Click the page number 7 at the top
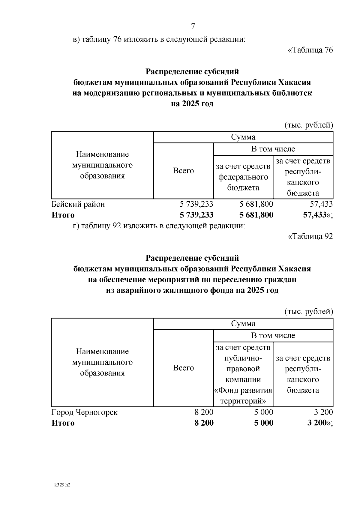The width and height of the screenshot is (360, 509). pyautogui.click(x=193, y=26)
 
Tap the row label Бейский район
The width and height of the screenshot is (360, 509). pyautogui.click(x=78, y=204)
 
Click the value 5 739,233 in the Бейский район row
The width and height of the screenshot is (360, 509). pyautogui.click(x=196, y=204)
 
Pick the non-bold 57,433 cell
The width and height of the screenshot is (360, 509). pyautogui.click(x=321, y=204)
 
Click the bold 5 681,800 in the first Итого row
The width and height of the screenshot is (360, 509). pyautogui.click(x=256, y=215)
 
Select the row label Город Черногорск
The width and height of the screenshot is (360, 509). pyautogui.click(x=85, y=412)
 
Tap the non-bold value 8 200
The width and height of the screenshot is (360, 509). pyautogui.click(x=204, y=412)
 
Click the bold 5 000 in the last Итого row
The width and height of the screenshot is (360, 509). pyautogui.click(x=264, y=423)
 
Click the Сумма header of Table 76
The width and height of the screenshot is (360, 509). pyautogui.click(x=243, y=137)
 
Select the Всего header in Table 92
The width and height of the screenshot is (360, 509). pyautogui.click(x=183, y=368)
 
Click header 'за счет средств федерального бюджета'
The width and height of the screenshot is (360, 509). pyautogui.click(x=243, y=177)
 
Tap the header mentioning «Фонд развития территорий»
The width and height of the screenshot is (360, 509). pyautogui.click(x=243, y=374)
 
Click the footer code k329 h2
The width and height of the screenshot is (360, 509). pyautogui.click(x=62, y=485)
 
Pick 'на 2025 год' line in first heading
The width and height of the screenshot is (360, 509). pyautogui.click(x=192, y=104)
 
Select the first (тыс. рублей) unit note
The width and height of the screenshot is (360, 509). pyautogui.click(x=308, y=125)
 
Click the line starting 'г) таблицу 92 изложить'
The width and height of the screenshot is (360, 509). pyautogui.click(x=159, y=226)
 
